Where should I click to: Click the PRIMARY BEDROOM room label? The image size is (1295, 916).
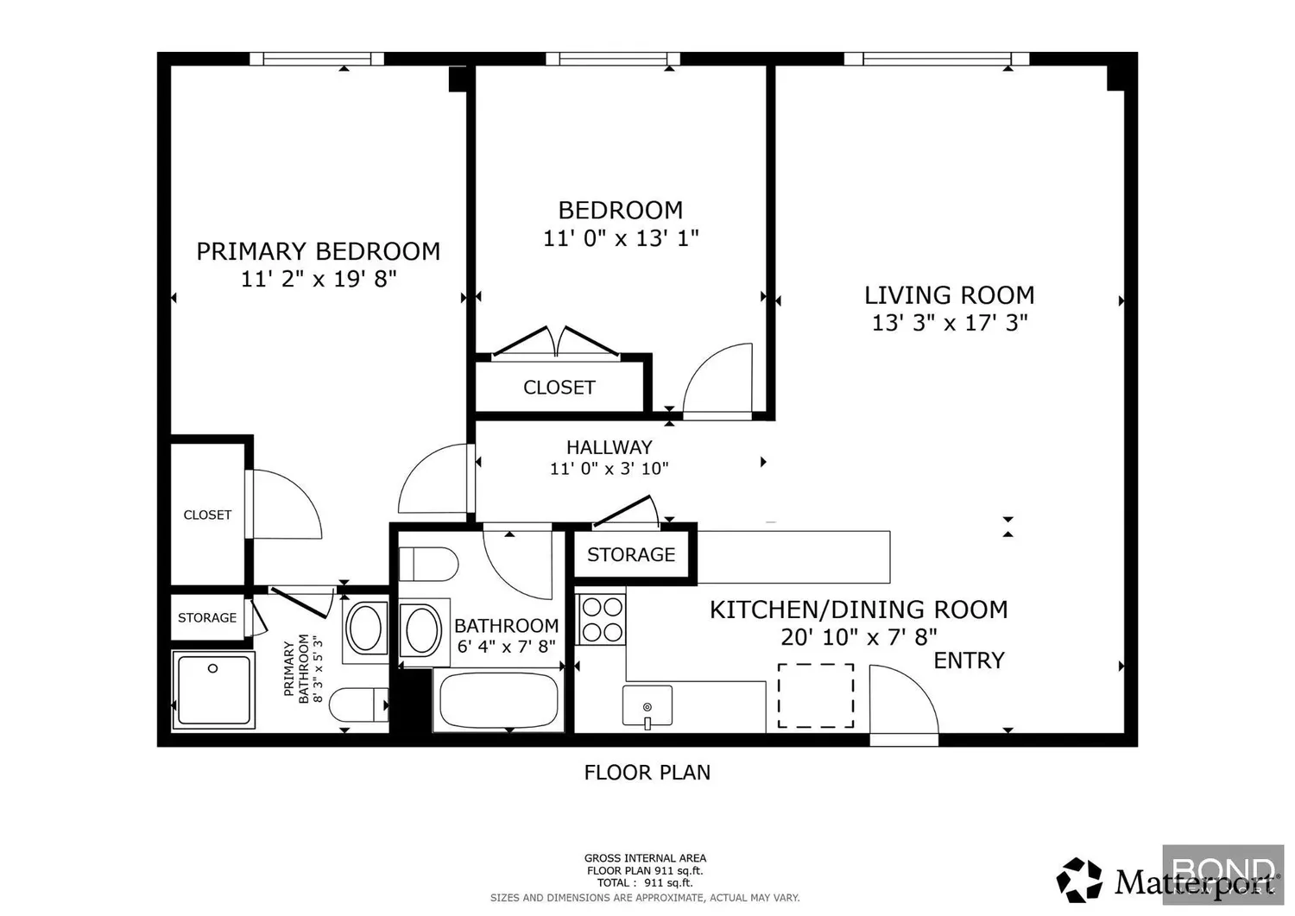pos(318,251)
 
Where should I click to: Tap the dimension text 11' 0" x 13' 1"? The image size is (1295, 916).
pos(621,238)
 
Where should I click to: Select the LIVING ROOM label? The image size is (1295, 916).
pos(950,295)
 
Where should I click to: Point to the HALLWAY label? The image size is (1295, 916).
pos(610,447)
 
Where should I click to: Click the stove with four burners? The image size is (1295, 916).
pos(602,620)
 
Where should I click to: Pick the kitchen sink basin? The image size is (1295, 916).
pos(647,705)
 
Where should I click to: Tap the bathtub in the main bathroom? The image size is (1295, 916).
pos(498,700)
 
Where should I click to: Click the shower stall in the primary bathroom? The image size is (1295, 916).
pos(213,689)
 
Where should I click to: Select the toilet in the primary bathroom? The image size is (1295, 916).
pos(359,704)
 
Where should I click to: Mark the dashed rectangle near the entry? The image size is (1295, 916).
pos(816,696)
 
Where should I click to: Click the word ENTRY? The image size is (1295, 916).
pos(969,660)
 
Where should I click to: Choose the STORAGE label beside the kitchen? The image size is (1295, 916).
pos(631,554)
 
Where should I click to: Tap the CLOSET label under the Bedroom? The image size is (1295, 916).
pos(559,388)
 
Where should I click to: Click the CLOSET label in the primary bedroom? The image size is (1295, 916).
pos(207,515)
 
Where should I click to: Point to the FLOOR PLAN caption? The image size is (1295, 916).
pos(647,773)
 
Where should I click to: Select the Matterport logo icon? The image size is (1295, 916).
pos(1079,880)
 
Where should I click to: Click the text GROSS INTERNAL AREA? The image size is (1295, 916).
pos(645,858)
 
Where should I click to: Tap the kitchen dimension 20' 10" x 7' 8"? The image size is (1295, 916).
pos(858,637)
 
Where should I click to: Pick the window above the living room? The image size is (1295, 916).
pos(937,59)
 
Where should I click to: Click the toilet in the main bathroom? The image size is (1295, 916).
pos(428,565)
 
